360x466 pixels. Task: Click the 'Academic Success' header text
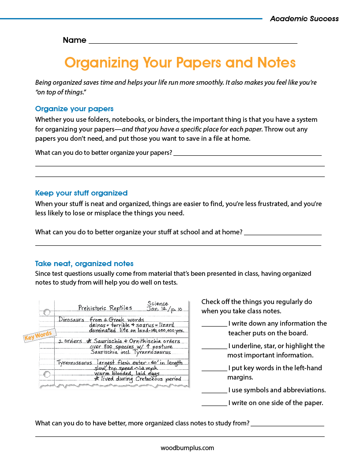(x=304, y=19)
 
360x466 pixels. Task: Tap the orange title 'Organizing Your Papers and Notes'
(x=180, y=63)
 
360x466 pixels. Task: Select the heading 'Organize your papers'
(x=74, y=109)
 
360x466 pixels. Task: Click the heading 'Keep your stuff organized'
(x=81, y=193)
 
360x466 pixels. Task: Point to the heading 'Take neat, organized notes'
(x=84, y=263)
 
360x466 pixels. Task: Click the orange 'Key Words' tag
(x=38, y=335)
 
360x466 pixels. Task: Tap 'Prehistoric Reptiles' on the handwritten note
(x=105, y=308)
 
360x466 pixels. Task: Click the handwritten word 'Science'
(x=157, y=304)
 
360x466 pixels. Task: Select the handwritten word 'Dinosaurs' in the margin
(x=71, y=319)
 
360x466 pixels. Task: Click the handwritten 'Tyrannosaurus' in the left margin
(x=74, y=363)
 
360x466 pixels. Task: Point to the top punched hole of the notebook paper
(x=47, y=312)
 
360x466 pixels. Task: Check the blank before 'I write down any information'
(x=214, y=324)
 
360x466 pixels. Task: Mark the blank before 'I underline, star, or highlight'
(x=214, y=347)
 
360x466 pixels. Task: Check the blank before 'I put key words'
(x=214, y=369)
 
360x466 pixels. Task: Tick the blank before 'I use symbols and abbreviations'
(x=214, y=391)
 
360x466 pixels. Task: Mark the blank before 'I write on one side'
(x=214, y=404)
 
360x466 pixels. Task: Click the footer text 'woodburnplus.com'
(x=187, y=448)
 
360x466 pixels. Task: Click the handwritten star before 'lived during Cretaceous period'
(x=97, y=379)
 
